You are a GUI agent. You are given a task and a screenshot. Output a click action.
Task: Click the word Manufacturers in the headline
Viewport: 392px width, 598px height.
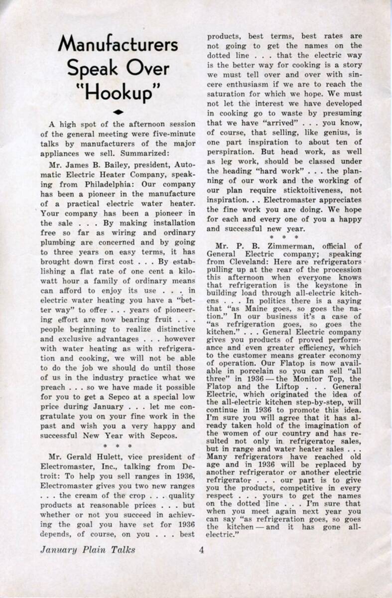pyautogui.click(x=118, y=44)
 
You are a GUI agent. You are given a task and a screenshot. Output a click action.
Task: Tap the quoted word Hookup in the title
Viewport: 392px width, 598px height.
pyautogui.click(x=118, y=93)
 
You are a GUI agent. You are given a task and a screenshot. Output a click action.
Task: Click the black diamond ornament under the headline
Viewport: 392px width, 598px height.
pyautogui.click(x=118, y=112)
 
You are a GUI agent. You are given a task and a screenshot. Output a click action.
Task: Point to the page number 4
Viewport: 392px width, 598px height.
pyautogui.click(x=201, y=550)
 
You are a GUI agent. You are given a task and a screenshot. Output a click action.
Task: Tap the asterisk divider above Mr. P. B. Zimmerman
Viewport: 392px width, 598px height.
pyautogui.click(x=284, y=237)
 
